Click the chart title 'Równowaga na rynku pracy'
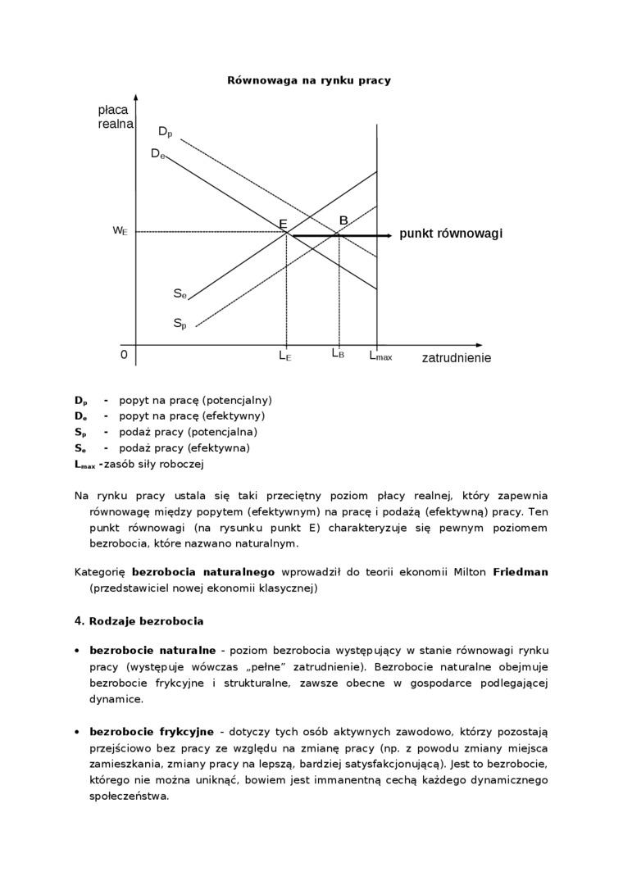tap(308, 80)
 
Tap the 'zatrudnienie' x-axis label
tap(457, 358)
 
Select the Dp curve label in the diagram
tap(166, 131)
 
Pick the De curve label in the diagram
tap(157, 153)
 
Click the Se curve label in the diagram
tap(180, 293)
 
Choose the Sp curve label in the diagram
tap(180, 324)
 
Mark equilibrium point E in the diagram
tap(283, 225)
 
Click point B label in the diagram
tap(343, 220)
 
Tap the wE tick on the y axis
tap(120, 231)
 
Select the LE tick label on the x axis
tap(284, 356)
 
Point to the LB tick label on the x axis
tap(338, 354)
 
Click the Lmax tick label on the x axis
tap(380, 356)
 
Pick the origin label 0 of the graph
tap(124, 355)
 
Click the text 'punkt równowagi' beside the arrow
tap(451, 234)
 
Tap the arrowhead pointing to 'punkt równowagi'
tap(388, 235)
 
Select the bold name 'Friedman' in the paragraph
tap(521, 572)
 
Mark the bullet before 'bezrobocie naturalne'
tap(77, 650)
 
